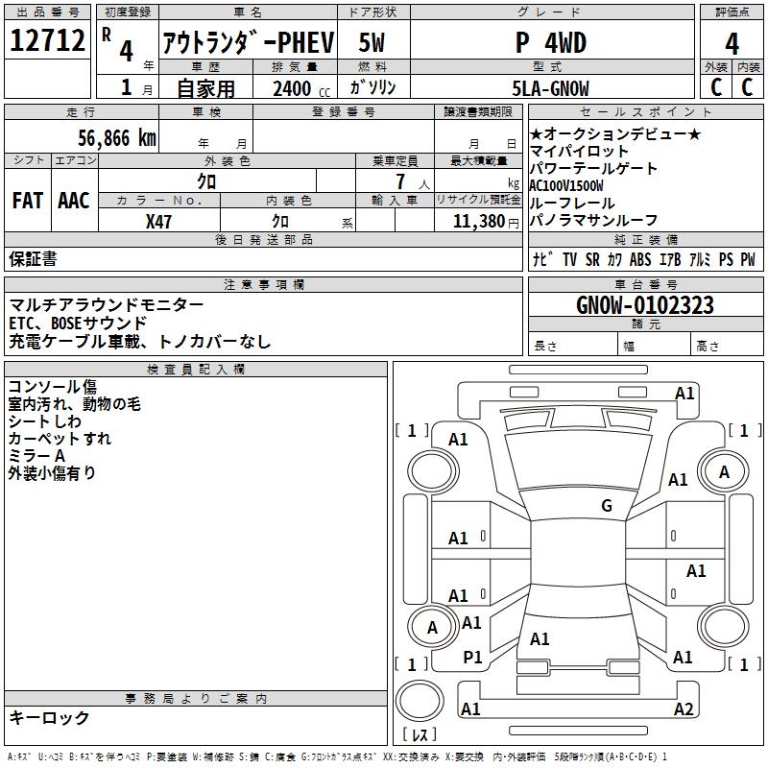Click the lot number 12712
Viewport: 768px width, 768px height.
pos(47,40)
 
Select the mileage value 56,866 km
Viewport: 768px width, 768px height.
pos(117,138)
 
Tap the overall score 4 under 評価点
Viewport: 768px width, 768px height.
pos(732,43)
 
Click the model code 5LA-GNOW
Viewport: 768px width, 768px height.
pos(550,88)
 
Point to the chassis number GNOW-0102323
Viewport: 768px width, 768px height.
pos(645,305)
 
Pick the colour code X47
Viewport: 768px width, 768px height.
pos(158,222)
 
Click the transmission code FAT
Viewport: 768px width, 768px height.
pos(28,201)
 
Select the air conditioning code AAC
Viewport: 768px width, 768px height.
pos(74,201)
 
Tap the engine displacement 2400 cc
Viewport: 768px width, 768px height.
pos(301,88)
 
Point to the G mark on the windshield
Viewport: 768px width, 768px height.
pos(607,505)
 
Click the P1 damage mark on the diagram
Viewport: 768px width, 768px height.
pos(472,658)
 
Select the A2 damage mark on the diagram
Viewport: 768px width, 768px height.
pos(684,708)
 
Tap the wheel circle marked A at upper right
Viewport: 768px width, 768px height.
pos(724,471)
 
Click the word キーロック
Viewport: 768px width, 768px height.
pos(49,717)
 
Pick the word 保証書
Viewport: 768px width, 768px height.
pos(33,258)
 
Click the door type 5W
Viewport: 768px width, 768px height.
pos(372,42)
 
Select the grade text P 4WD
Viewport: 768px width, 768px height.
pos(551,42)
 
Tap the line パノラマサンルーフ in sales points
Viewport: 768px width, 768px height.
pos(593,221)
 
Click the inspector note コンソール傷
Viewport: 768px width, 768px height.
pos(53,387)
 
